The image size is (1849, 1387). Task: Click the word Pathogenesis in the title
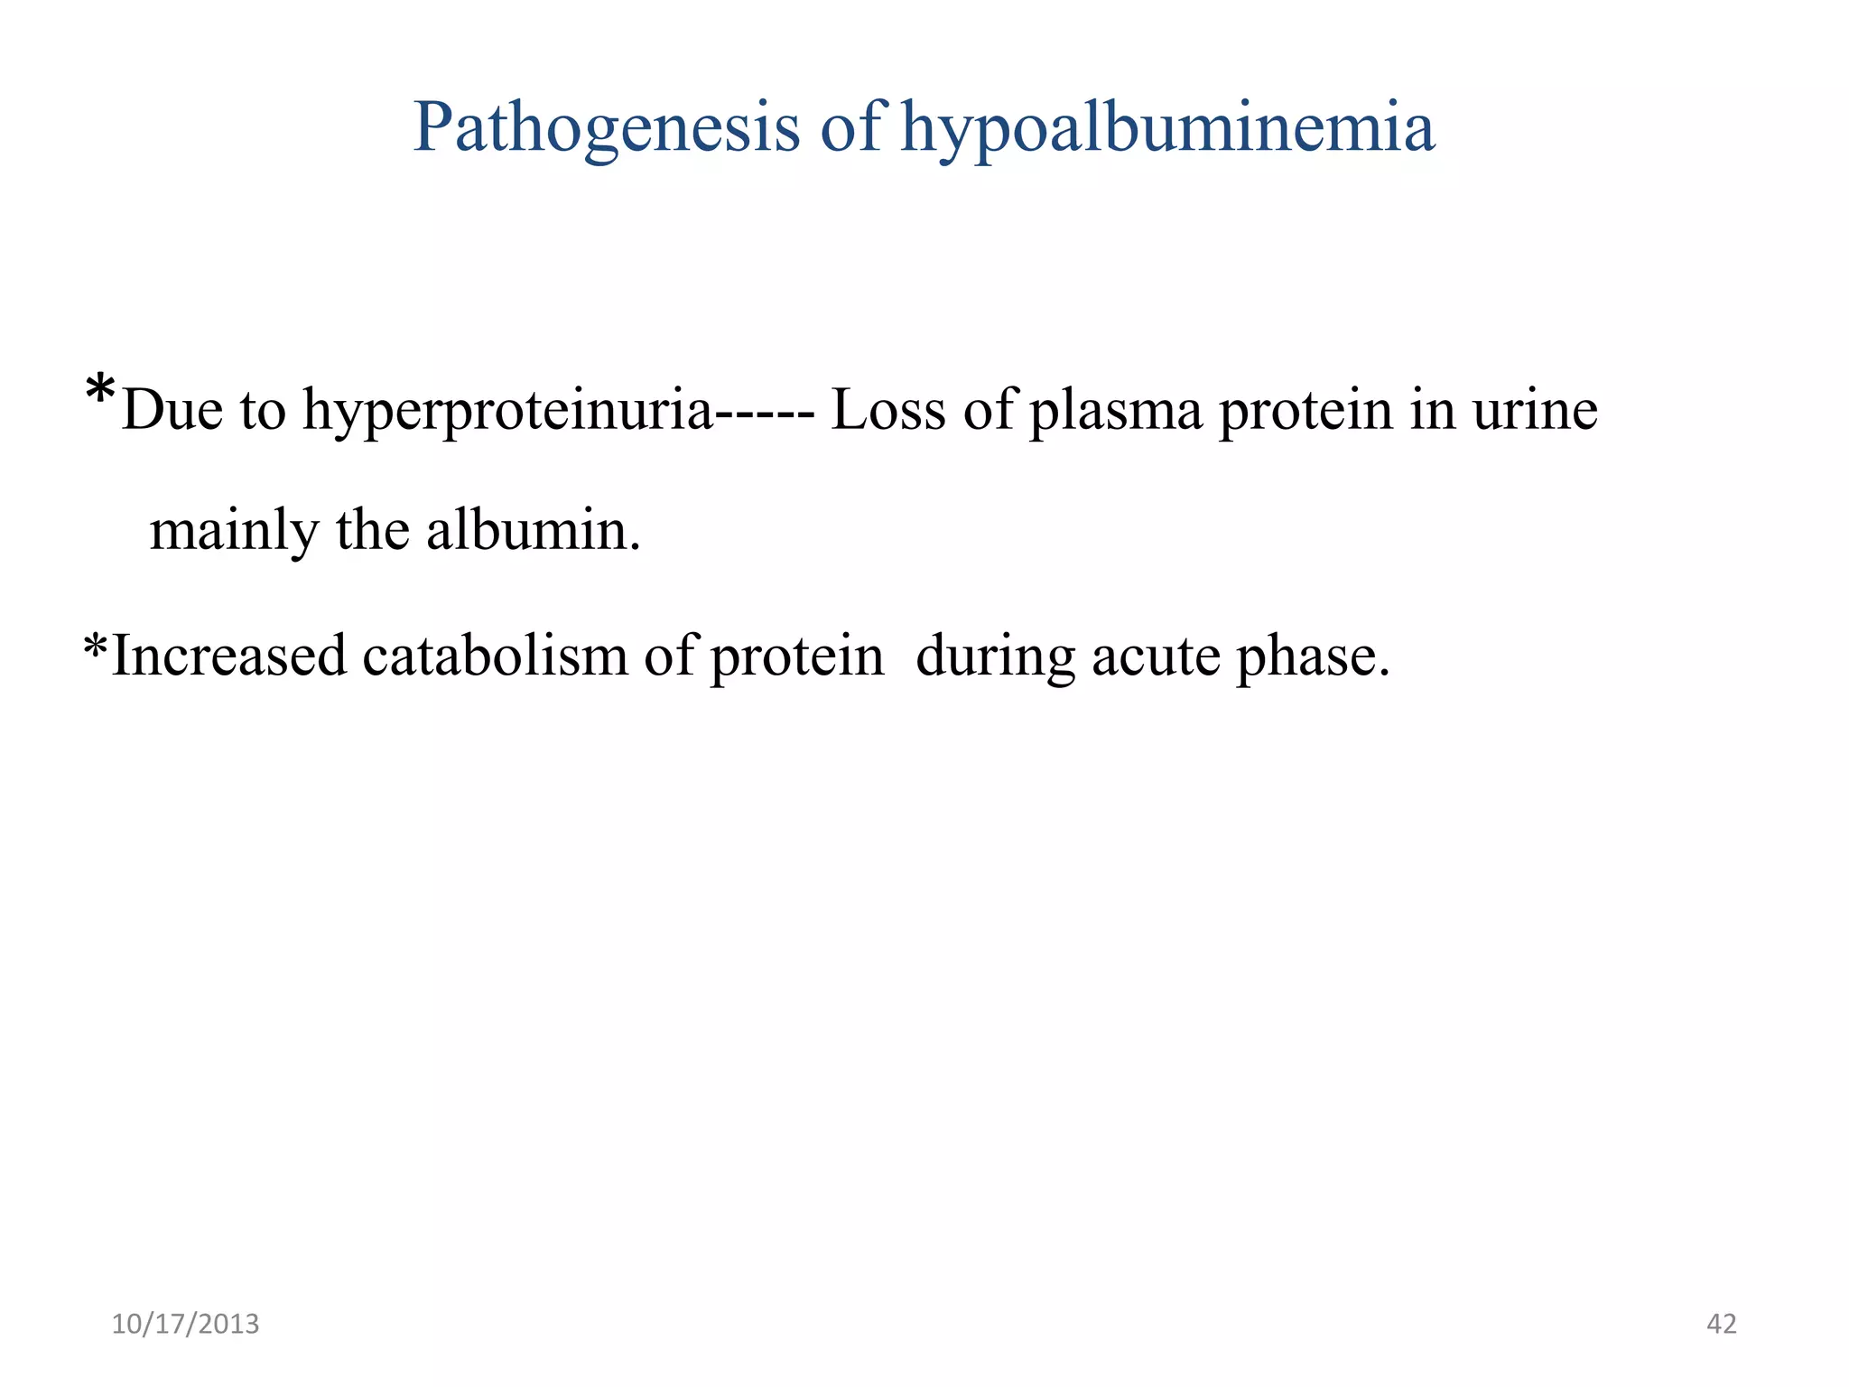pos(606,128)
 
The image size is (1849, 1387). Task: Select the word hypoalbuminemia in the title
pos(1168,128)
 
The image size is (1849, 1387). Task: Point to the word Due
pos(172,410)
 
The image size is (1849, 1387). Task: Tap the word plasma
pos(1116,412)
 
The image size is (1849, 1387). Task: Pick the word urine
pos(1535,410)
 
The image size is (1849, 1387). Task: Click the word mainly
pos(234,531)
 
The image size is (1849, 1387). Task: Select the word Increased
pos(228,656)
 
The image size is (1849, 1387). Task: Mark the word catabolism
pos(495,656)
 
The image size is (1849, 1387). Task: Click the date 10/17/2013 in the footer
pos(185,1325)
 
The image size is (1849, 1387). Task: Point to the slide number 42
pos(1722,1325)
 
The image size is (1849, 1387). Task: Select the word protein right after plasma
pos(1305,412)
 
